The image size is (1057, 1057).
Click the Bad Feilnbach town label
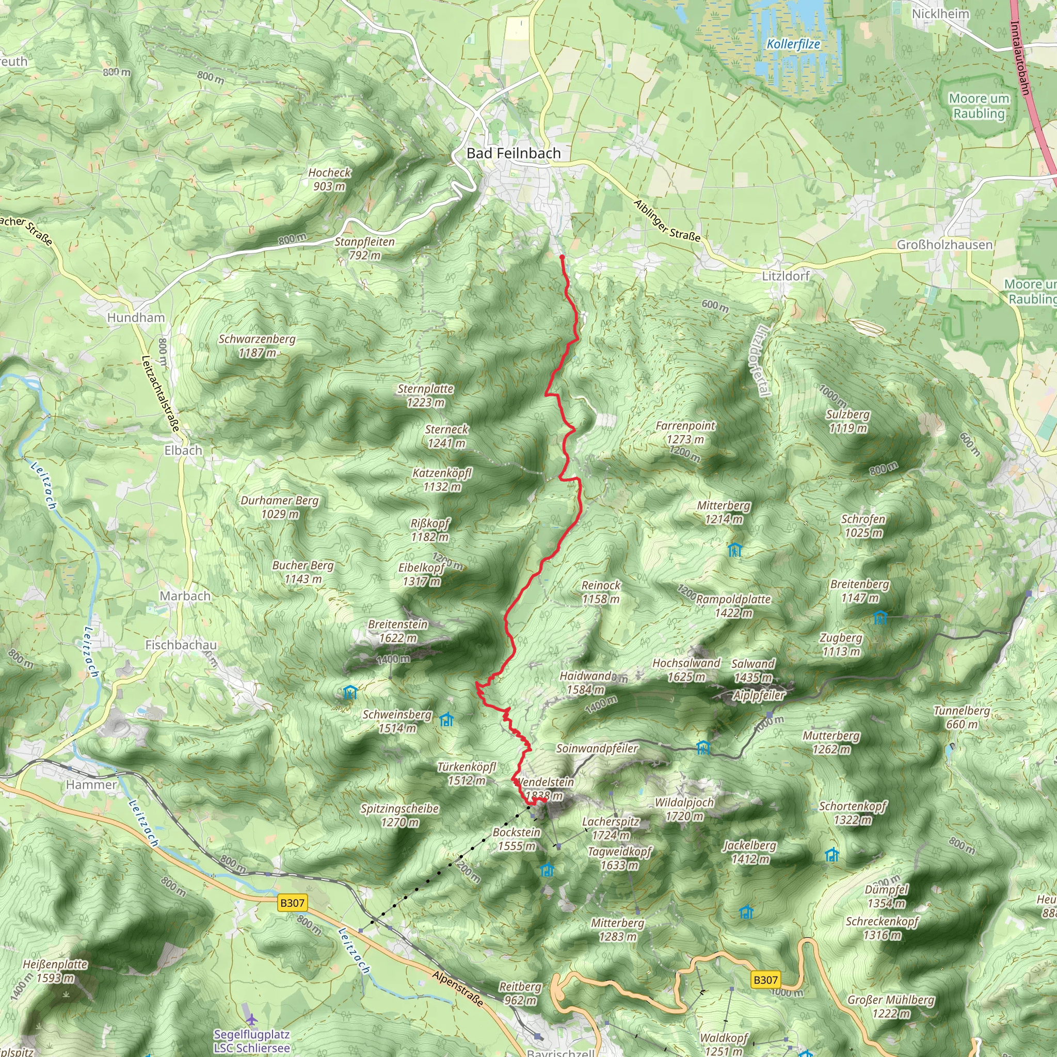tap(513, 154)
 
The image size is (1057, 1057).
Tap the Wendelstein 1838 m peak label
tap(545, 789)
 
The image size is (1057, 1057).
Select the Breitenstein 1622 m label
tap(398, 631)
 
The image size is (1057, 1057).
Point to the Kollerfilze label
tap(793, 44)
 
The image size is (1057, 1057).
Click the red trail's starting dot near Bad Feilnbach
tap(562, 257)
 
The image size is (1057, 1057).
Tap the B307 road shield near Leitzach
tap(292, 903)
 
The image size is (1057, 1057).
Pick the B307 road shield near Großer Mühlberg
tap(765, 980)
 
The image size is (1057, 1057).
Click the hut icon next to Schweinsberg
tap(446, 719)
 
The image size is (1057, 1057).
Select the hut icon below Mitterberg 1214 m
tap(735, 549)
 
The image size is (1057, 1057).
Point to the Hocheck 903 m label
tap(329, 180)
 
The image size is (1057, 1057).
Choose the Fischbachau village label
tap(181, 645)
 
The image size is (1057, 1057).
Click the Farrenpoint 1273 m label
tap(685, 432)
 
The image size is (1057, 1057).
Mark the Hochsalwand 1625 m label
tap(686, 669)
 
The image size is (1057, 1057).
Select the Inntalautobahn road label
tap(1020, 57)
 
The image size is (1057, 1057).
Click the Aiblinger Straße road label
tap(666, 220)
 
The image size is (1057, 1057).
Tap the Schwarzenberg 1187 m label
tap(257, 346)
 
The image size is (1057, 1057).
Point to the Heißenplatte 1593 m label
tap(55, 971)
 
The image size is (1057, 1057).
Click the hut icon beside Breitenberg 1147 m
tap(880, 618)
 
